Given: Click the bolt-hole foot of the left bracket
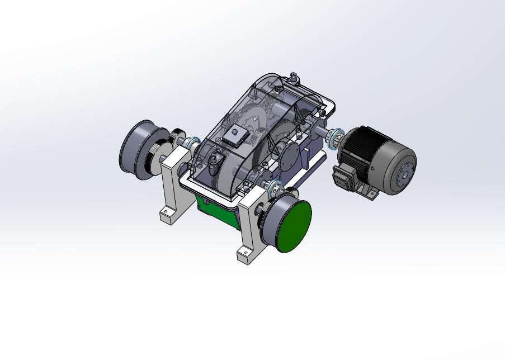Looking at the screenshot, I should click(167, 215).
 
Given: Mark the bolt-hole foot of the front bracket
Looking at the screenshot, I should click(244, 256).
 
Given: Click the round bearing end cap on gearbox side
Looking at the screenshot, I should click(290, 154).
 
